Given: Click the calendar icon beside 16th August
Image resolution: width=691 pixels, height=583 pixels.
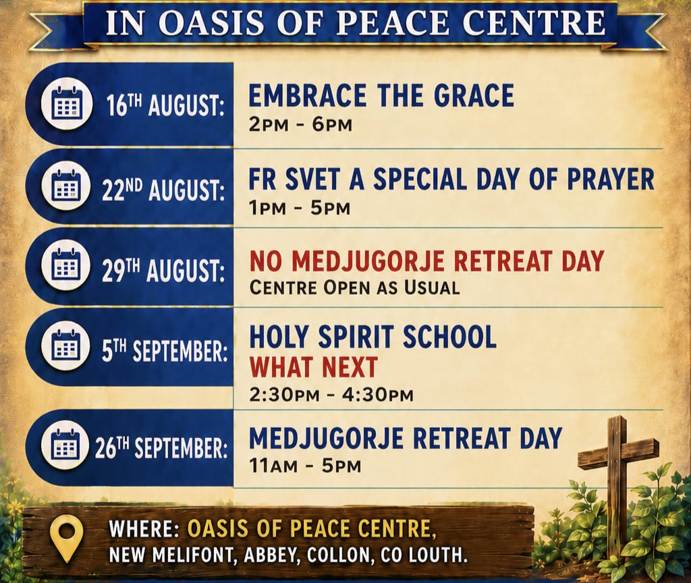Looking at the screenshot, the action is click(67, 105).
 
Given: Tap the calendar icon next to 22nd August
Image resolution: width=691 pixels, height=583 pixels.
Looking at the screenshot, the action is click(67, 185).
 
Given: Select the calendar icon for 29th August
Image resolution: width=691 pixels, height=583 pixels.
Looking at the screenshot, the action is click(67, 265).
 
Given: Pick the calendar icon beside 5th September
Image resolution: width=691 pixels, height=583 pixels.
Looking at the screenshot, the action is click(67, 345).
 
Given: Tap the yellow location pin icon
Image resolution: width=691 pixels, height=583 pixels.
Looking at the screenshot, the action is click(67, 537).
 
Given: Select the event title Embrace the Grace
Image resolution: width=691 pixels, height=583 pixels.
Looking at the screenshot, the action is click(381, 96).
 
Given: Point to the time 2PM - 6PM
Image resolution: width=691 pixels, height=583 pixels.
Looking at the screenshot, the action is click(300, 125).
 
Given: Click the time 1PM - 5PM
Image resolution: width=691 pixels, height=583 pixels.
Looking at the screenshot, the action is click(300, 208).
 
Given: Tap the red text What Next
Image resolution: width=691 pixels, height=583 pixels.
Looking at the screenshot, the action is click(314, 366).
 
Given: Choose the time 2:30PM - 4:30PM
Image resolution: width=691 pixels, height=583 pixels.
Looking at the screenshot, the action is click(331, 394).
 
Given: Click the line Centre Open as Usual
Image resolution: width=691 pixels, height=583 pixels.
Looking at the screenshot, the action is click(355, 288).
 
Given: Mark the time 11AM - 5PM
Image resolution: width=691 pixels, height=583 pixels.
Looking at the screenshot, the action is click(305, 466).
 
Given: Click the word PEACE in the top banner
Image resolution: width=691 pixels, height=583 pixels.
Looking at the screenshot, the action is click(393, 23).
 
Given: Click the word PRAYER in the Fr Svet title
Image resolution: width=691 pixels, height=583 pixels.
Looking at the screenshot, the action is click(610, 179).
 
